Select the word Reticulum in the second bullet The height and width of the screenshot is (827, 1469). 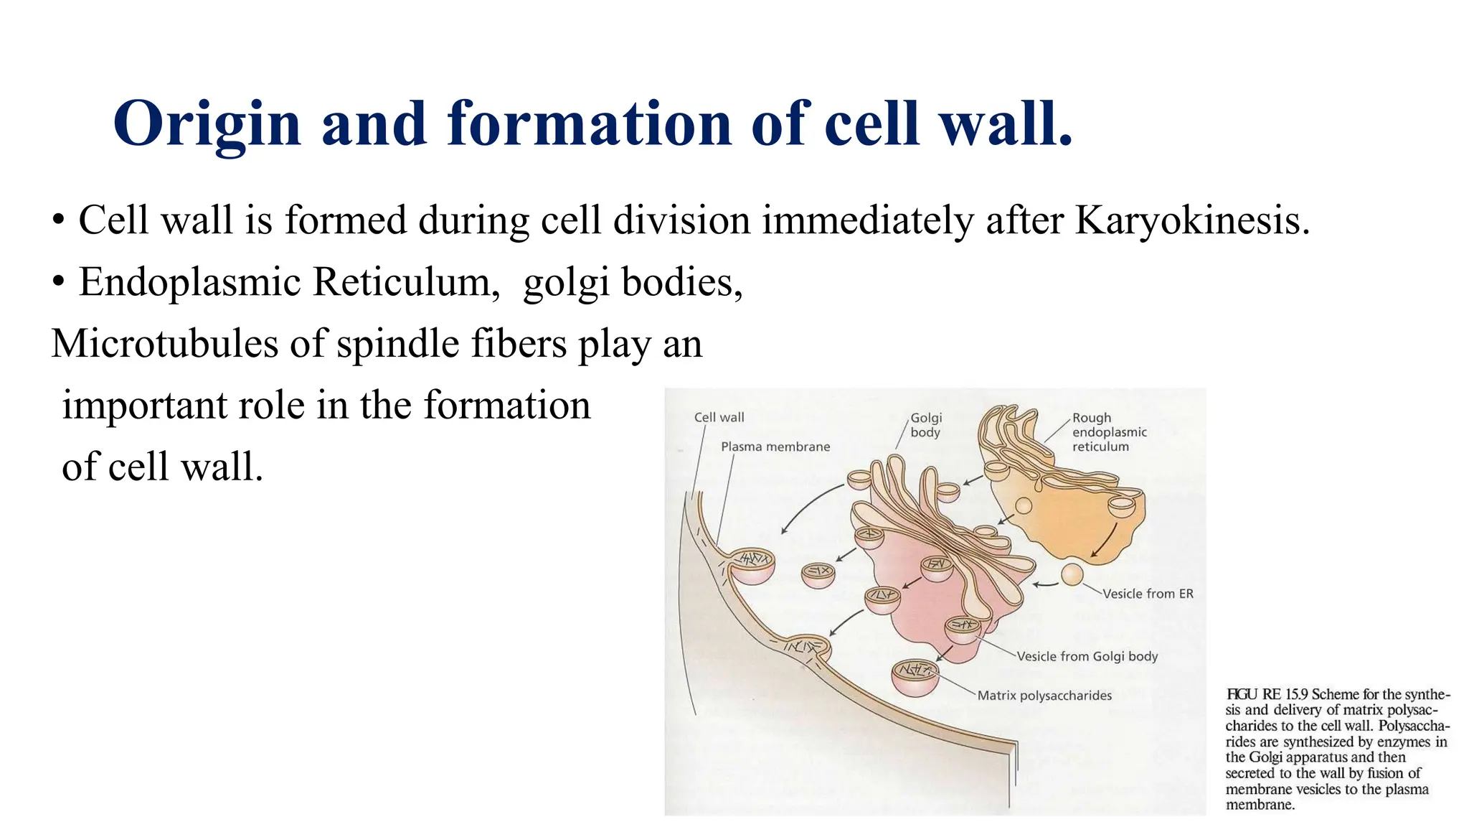pos(406,281)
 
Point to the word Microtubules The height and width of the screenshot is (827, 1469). pos(164,343)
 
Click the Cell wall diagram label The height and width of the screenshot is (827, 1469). pos(719,417)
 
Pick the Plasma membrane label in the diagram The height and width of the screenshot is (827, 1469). pos(775,447)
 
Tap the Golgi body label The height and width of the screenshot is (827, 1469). pos(925,425)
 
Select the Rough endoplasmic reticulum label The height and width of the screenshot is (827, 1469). pos(1108,432)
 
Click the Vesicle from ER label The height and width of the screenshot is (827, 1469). pos(1148,594)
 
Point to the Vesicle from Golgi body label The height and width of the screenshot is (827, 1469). pos(1087,656)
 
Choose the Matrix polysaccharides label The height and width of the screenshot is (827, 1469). pos(1044,696)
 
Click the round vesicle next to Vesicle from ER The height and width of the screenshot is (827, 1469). pos(1072,574)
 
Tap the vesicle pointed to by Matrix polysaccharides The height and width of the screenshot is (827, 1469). pos(915,678)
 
